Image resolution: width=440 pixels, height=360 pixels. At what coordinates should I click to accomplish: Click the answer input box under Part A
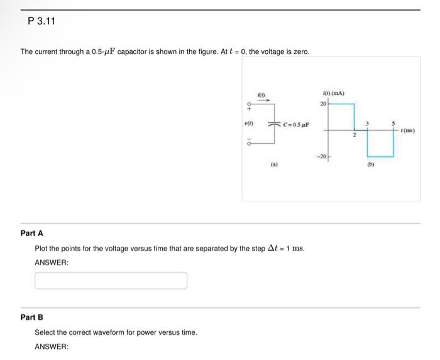tap(111, 280)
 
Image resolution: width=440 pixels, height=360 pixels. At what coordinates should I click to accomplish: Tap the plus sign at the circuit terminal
tap(250, 106)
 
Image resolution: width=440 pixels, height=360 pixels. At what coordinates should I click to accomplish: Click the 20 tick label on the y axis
tap(322, 103)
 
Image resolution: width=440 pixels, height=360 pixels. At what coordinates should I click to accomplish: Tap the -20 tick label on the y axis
tap(321, 156)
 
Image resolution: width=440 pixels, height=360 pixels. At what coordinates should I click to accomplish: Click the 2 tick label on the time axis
tap(354, 136)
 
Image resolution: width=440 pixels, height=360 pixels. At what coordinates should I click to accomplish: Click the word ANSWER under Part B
tap(50, 346)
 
